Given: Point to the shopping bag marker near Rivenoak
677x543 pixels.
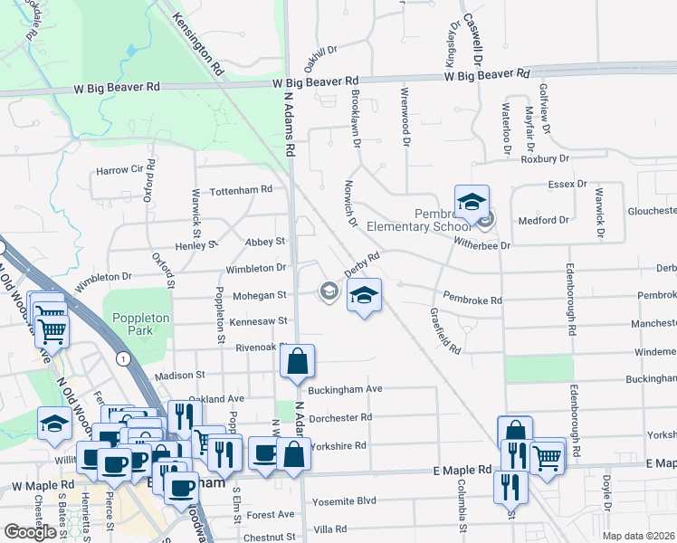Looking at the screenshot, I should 297,363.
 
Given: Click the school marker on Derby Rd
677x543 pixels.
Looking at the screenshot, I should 364,296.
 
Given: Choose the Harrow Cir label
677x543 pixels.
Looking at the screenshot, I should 119,169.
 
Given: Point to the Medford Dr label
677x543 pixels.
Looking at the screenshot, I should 543,220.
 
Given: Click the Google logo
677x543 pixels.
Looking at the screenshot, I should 30,531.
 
